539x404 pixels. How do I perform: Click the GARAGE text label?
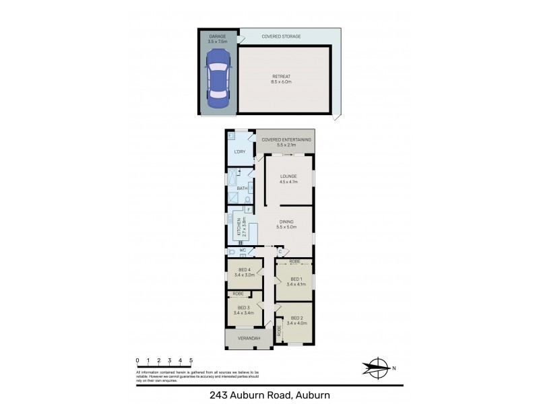tap(217, 37)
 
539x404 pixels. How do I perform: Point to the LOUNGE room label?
tap(288, 176)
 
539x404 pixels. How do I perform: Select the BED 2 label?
tap(296, 318)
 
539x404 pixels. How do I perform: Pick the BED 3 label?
tap(243, 308)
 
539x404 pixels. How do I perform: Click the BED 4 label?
tap(243, 270)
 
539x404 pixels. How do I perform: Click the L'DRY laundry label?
tap(239, 151)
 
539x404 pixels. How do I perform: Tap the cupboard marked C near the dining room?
tap(280, 252)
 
